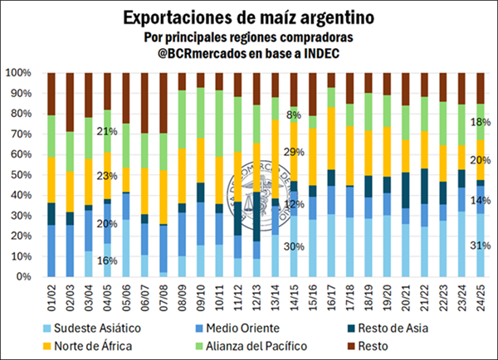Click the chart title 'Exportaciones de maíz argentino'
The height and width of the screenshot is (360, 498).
[248, 17]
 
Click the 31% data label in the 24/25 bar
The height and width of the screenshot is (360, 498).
[481, 245]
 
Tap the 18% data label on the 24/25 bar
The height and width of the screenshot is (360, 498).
[481, 121]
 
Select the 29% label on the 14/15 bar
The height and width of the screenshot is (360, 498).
[295, 153]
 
